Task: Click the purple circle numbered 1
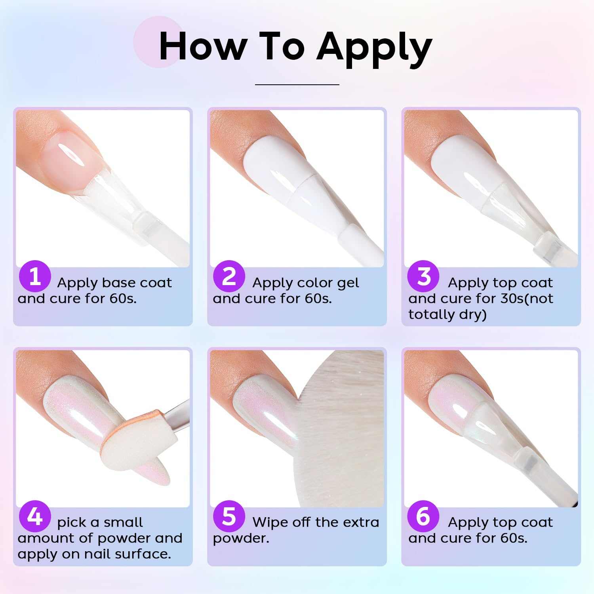pyautogui.click(x=35, y=276)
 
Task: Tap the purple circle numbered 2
pyautogui.click(x=229, y=276)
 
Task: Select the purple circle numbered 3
pyautogui.click(x=423, y=276)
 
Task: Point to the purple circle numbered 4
pyautogui.click(x=35, y=516)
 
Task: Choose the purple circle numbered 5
pyautogui.click(x=229, y=516)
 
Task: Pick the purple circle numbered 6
pyautogui.click(x=423, y=516)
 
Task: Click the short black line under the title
pyautogui.click(x=297, y=84)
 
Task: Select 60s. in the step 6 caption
pyautogui.click(x=514, y=538)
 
